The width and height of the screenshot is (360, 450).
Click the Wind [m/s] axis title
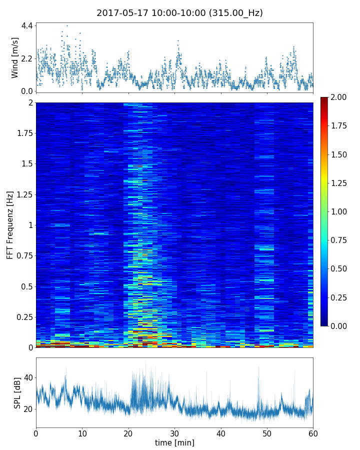15,57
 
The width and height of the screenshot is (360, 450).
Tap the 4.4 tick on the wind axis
26,25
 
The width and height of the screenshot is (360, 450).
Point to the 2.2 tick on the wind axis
26,58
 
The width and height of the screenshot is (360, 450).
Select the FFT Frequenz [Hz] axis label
10,225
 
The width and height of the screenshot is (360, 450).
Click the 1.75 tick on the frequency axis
23,133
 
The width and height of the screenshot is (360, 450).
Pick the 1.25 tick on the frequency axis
23,194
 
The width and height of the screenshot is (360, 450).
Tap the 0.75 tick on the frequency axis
23,255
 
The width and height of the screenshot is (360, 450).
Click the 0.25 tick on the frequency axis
23,317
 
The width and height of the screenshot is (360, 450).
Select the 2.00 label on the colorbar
339,97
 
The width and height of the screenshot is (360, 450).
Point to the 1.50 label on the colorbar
339,154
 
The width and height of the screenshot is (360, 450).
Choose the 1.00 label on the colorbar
339,211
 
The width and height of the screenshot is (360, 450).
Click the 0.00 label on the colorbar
339,326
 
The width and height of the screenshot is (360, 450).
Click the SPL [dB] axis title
17,392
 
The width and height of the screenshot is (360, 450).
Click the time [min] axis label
174,442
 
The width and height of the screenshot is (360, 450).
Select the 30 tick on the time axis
174,432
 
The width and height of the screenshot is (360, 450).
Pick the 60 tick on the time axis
313,432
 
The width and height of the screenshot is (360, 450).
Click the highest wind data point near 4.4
67,25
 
